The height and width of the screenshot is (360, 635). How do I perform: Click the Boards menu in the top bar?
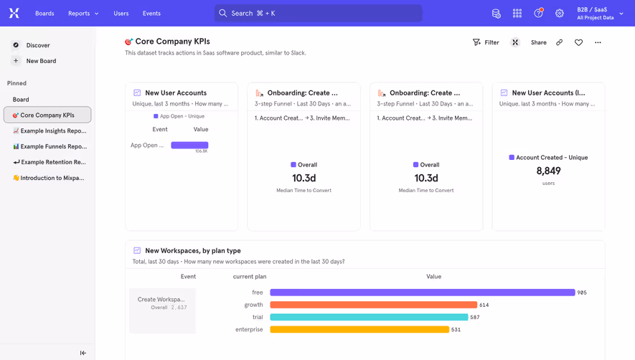click(44, 13)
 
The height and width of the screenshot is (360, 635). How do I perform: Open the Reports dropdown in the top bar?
click(83, 13)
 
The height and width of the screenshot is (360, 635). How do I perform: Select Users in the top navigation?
click(121, 13)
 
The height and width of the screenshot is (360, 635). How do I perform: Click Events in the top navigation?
click(151, 13)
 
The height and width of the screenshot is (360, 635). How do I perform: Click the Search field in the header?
click(318, 13)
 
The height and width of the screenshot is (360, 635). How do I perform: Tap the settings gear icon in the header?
click(560, 13)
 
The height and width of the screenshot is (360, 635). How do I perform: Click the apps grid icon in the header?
click(517, 13)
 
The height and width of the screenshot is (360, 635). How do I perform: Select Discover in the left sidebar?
click(38, 45)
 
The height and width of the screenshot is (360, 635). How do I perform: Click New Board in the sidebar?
click(41, 61)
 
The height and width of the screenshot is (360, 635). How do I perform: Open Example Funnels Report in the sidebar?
click(49, 146)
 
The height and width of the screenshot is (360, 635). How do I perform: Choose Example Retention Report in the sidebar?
click(49, 162)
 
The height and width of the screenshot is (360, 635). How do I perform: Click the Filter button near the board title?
click(486, 42)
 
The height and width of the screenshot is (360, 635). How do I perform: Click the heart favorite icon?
click(578, 42)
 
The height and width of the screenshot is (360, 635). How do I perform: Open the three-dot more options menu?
click(598, 42)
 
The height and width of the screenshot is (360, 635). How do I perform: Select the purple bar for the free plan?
click(422, 293)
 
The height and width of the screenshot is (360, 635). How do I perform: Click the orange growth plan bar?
click(373, 305)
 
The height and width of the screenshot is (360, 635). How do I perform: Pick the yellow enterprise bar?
click(359, 330)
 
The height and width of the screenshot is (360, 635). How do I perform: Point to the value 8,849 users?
click(548, 171)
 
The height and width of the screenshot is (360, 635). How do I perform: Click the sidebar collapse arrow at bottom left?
click(83, 353)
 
